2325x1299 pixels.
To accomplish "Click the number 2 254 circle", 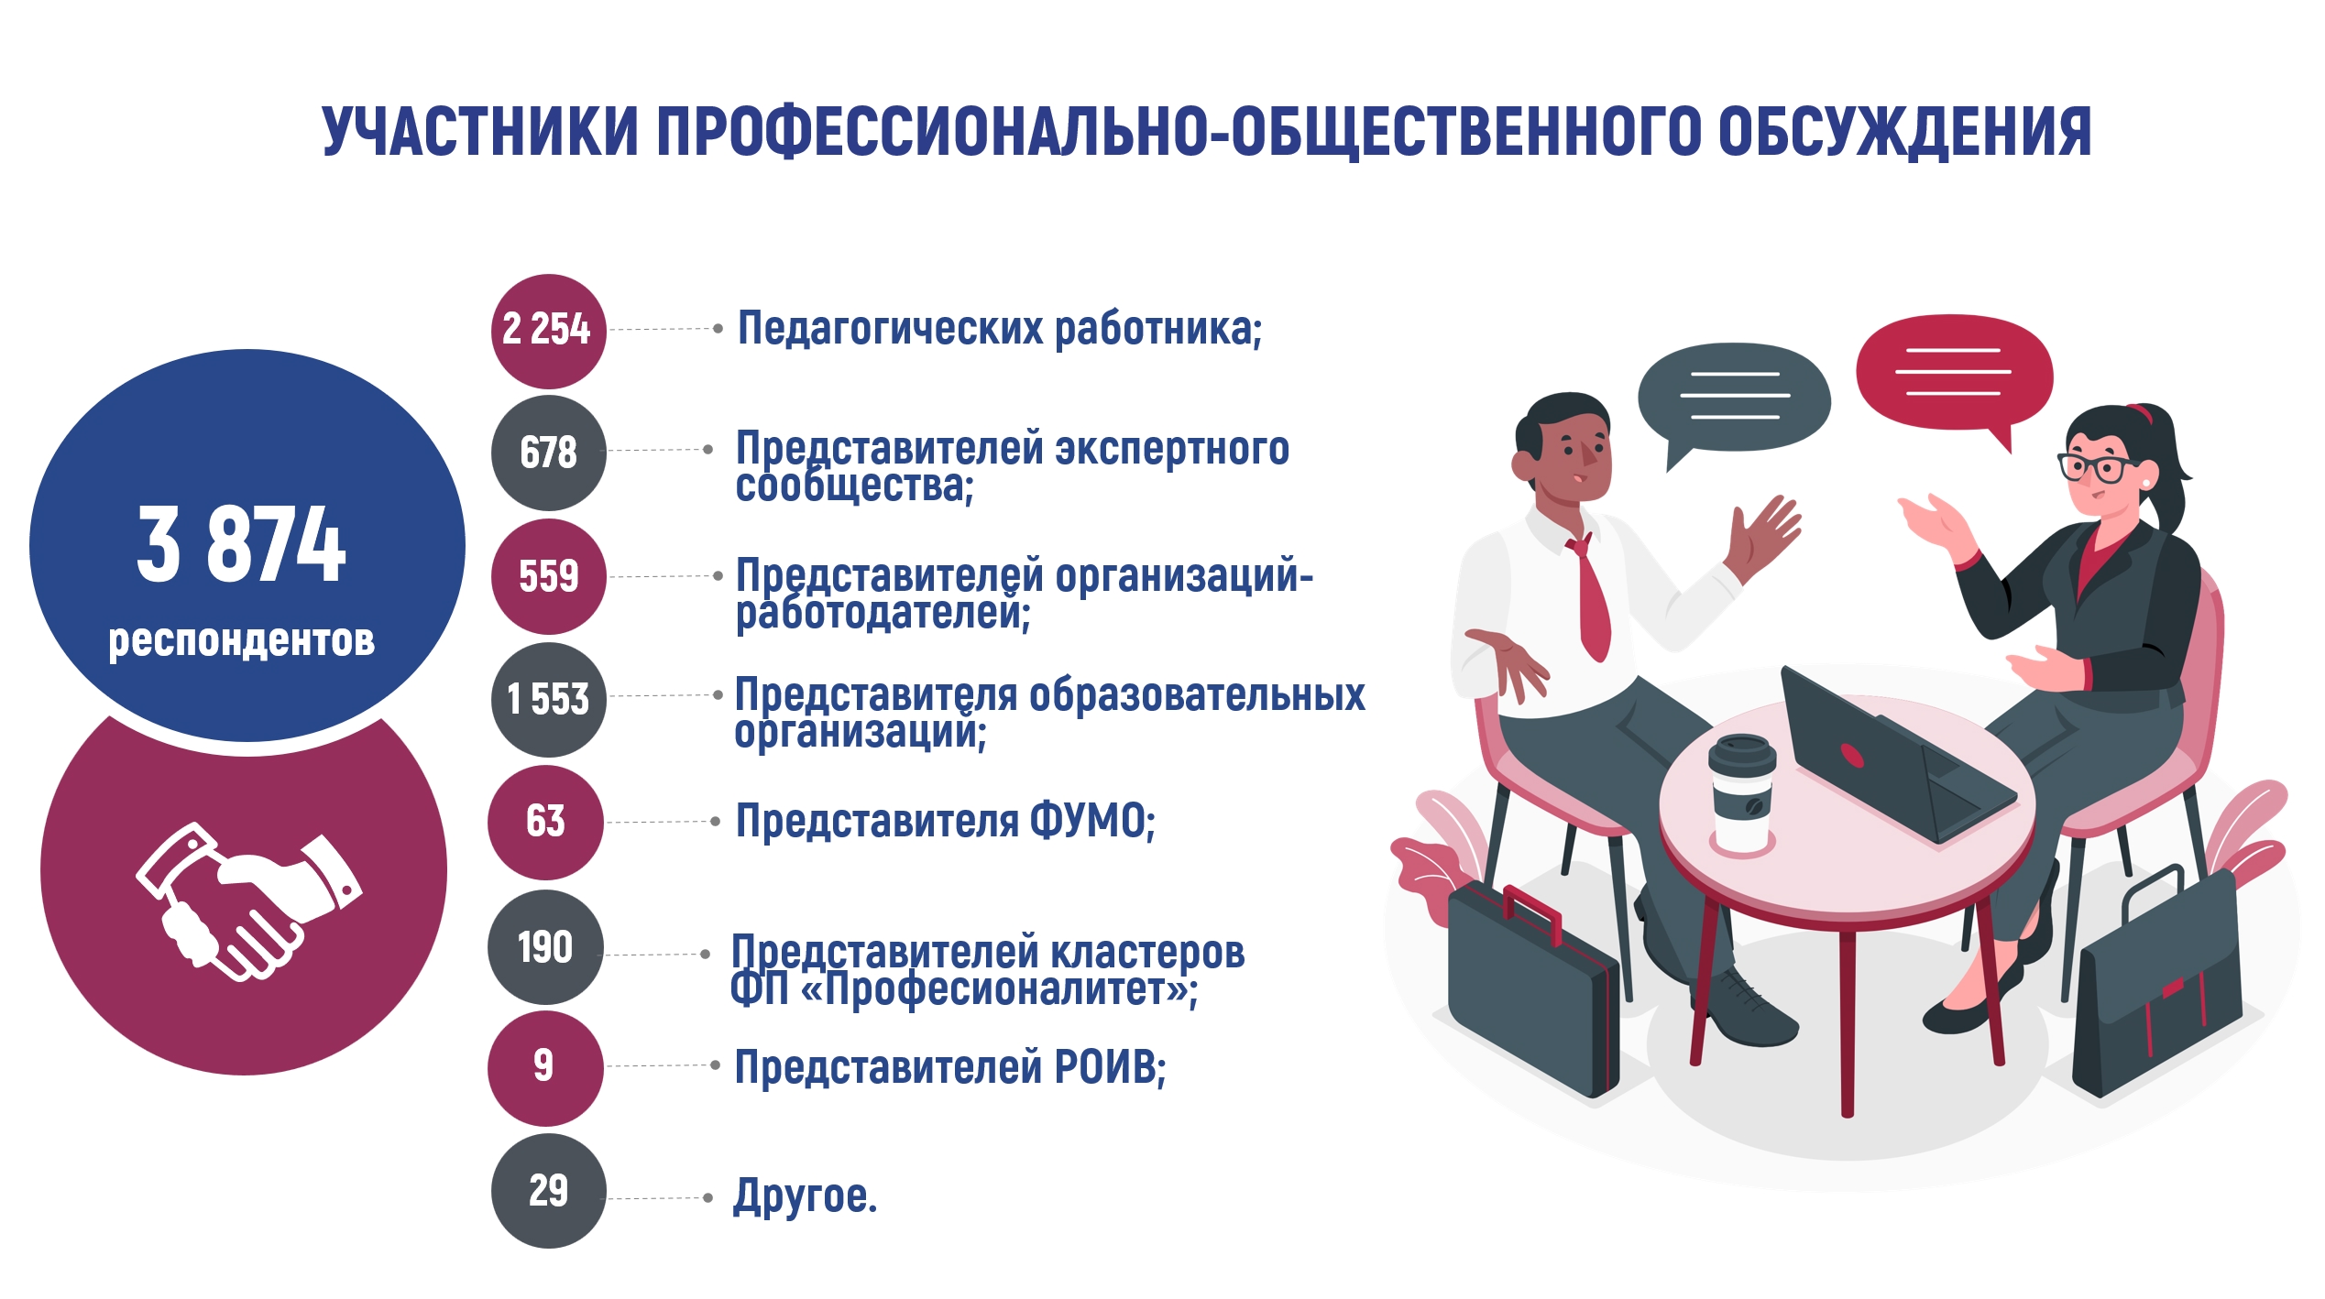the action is pos(548,331).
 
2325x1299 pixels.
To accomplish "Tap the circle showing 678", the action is pos(548,453).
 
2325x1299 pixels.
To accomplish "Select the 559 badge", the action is pos(548,576).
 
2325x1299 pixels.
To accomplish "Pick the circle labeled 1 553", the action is pos(548,699).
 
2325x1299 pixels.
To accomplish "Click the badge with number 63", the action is pos(545,822).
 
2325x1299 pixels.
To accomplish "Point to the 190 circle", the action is pos(545,946).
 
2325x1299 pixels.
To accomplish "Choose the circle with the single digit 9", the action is pos(545,1068).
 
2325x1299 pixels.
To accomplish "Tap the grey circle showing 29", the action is pos(548,1190).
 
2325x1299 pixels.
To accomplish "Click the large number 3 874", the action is pos(241,545).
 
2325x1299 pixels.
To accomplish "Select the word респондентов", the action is pos(241,640).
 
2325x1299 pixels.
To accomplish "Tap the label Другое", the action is pos(805,1196).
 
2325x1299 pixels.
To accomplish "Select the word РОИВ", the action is pos(1105,1067).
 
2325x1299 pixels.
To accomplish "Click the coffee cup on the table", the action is pos(1742,795).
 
